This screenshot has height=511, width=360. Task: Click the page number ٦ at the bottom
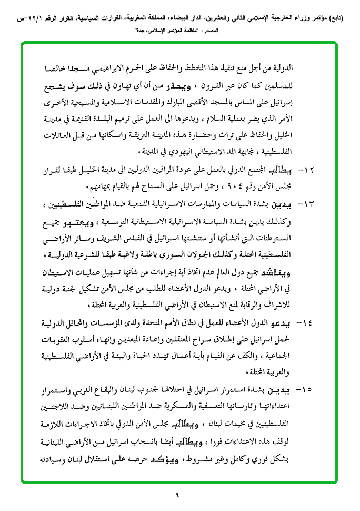177,495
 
